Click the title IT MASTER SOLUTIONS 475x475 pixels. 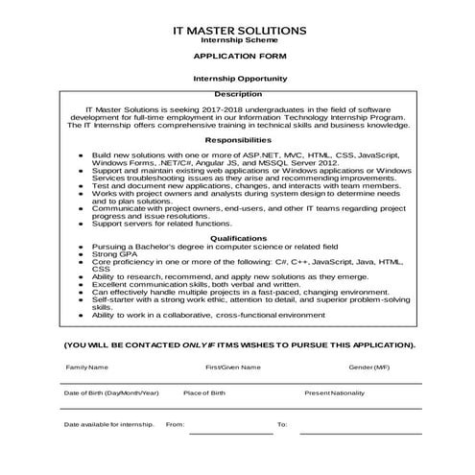(x=239, y=31)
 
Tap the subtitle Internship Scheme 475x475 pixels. (x=239, y=41)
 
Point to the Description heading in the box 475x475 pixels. (x=238, y=94)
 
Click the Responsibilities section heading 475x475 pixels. (x=238, y=140)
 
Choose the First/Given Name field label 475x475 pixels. (x=232, y=368)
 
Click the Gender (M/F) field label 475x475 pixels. (x=368, y=368)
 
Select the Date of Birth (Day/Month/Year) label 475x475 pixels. (x=110, y=393)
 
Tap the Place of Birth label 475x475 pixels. (x=204, y=393)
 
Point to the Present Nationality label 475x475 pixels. (x=335, y=393)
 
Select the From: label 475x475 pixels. (x=175, y=423)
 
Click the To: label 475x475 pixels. (x=282, y=423)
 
